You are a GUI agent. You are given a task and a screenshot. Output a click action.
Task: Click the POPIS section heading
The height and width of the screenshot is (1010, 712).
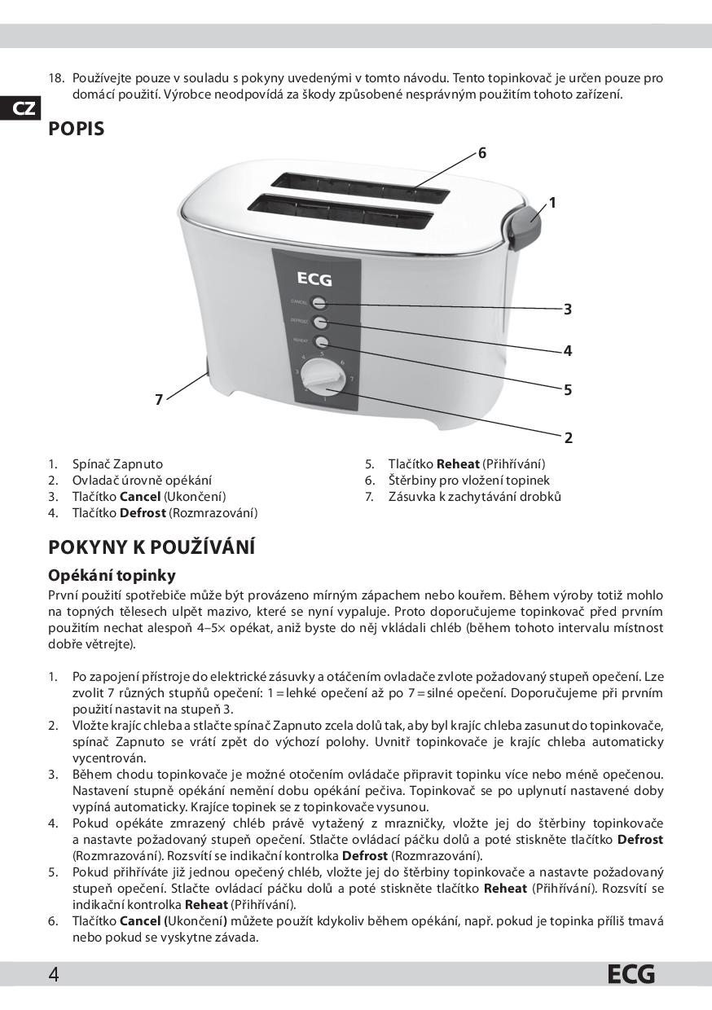pyautogui.click(x=77, y=129)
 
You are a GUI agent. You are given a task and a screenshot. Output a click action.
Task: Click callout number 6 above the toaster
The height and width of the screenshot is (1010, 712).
pyautogui.click(x=482, y=153)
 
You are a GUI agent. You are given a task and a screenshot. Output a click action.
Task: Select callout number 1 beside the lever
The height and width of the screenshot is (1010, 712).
pyautogui.click(x=552, y=203)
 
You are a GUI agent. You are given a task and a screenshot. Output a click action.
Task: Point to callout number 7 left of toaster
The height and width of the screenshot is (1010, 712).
pyautogui.click(x=159, y=399)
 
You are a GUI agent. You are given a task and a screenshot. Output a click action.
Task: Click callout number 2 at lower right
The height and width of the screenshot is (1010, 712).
pyautogui.click(x=568, y=438)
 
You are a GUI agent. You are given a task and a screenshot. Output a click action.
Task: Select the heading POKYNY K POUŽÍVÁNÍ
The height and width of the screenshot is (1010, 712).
pyautogui.click(x=152, y=546)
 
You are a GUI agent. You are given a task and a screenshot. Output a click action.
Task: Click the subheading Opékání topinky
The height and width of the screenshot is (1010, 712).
pyautogui.click(x=112, y=576)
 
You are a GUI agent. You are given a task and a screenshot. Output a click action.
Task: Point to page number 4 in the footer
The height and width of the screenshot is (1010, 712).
pyautogui.click(x=53, y=974)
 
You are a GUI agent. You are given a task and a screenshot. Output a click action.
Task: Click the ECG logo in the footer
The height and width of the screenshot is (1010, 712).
pyautogui.click(x=630, y=974)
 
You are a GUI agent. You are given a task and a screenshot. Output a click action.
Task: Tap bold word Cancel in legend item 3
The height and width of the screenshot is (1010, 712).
pyautogui.click(x=139, y=497)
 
